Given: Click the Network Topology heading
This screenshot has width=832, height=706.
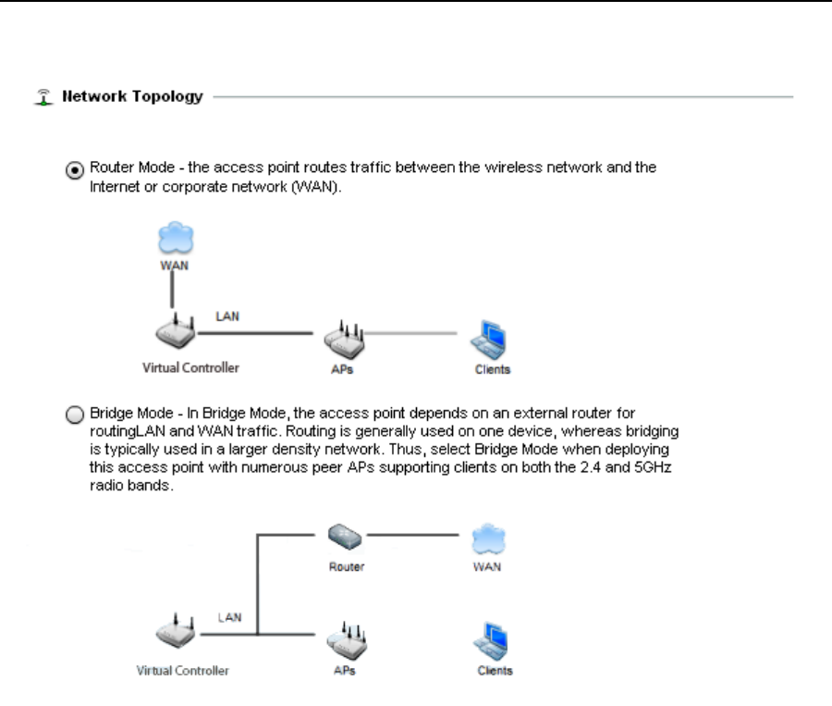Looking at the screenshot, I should pos(132,96).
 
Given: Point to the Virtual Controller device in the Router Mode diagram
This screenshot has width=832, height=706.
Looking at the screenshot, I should pos(172,336).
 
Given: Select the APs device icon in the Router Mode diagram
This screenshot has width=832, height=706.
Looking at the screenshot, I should pos(345,341).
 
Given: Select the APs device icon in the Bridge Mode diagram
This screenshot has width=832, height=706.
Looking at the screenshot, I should pos(345,641).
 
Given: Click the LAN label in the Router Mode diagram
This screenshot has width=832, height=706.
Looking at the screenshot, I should pos(227,316).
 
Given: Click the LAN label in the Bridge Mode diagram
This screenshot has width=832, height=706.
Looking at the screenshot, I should pos(229,616).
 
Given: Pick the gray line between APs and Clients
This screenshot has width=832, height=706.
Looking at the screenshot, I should pos(412,333).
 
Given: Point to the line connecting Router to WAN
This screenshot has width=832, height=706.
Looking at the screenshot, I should pos(412,534).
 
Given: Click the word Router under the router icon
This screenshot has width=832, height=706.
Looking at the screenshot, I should pos(347,566).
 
